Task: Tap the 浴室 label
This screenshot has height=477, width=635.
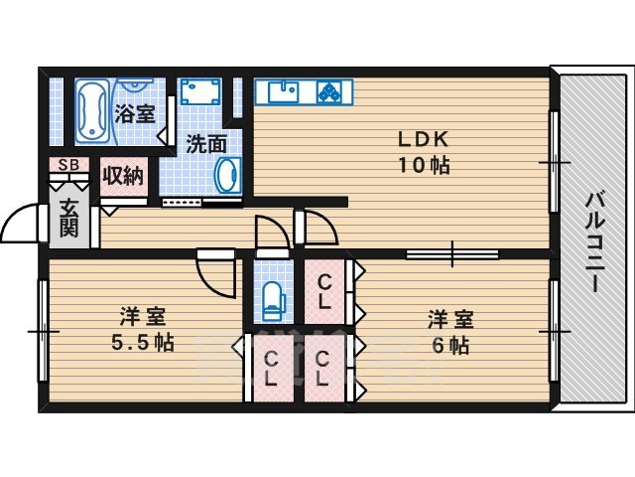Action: coord(134,113)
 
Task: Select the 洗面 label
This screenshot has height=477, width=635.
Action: coord(206,144)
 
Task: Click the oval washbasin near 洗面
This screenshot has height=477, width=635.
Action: coord(227,175)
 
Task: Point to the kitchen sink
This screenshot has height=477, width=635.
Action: coord(282,91)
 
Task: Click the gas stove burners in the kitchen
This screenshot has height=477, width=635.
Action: coord(328,91)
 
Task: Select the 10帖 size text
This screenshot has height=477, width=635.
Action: coord(425,165)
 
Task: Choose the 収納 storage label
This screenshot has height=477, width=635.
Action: coord(124,177)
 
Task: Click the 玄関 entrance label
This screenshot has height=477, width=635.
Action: coord(68,218)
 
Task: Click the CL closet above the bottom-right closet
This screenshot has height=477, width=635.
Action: coord(324,289)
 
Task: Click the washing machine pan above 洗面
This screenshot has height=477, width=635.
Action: coord(206,95)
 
